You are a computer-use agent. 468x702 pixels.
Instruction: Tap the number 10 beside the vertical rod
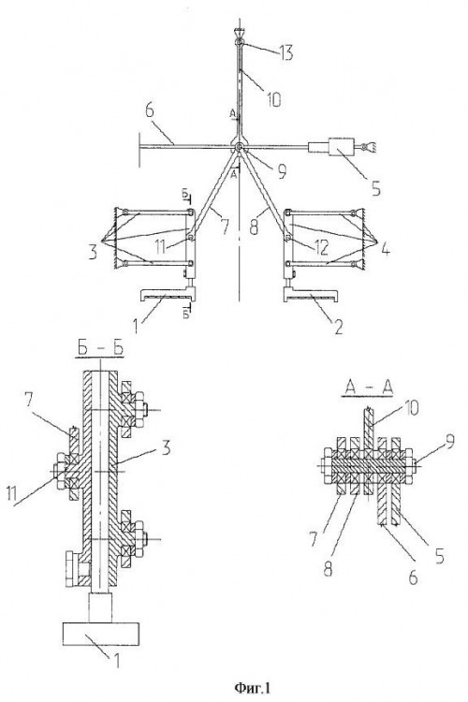[273, 99]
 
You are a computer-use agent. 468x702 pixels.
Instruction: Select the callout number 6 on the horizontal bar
[150, 110]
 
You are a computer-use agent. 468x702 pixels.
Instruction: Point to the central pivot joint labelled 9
[239, 146]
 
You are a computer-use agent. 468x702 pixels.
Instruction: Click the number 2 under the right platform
[339, 327]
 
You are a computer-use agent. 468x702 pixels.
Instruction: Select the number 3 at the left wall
[93, 252]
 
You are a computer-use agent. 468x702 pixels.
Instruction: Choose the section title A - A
[368, 388]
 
